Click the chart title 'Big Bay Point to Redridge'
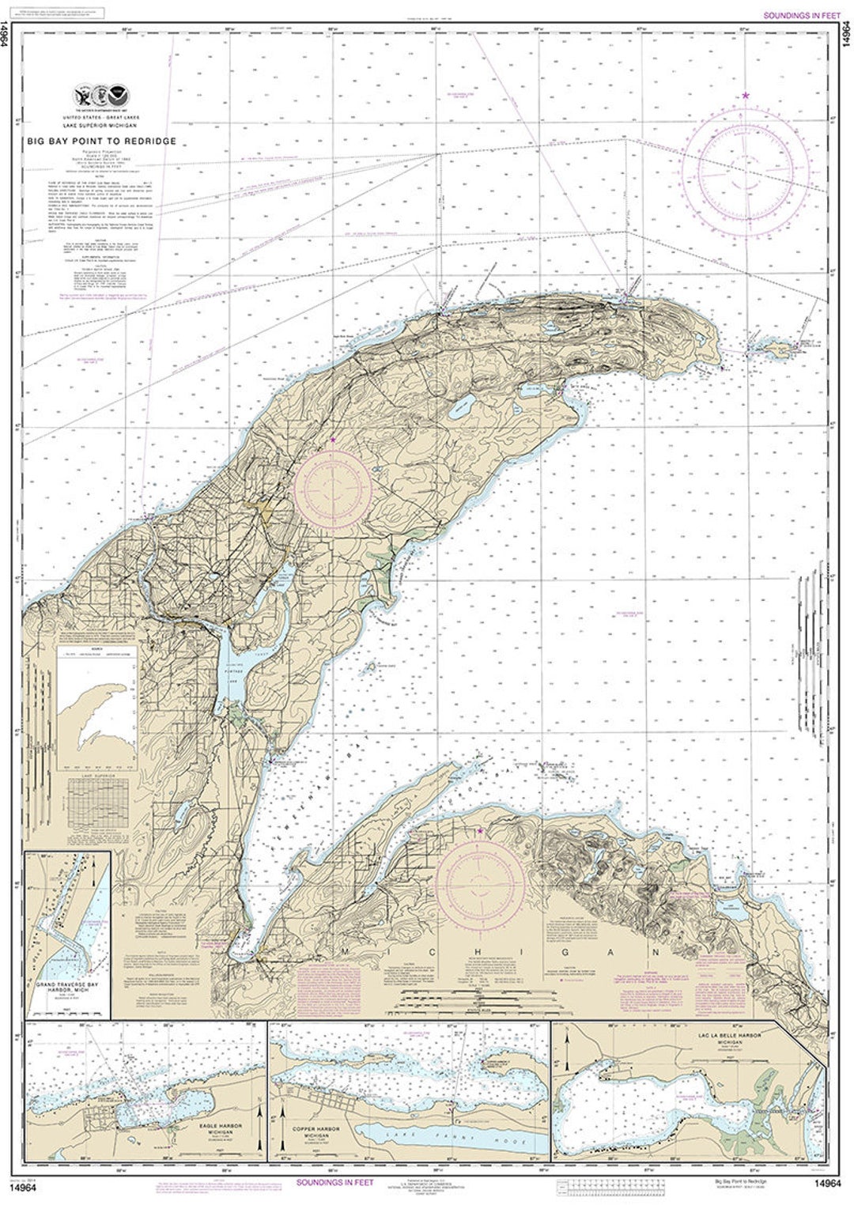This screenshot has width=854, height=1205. tap(100, 142)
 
